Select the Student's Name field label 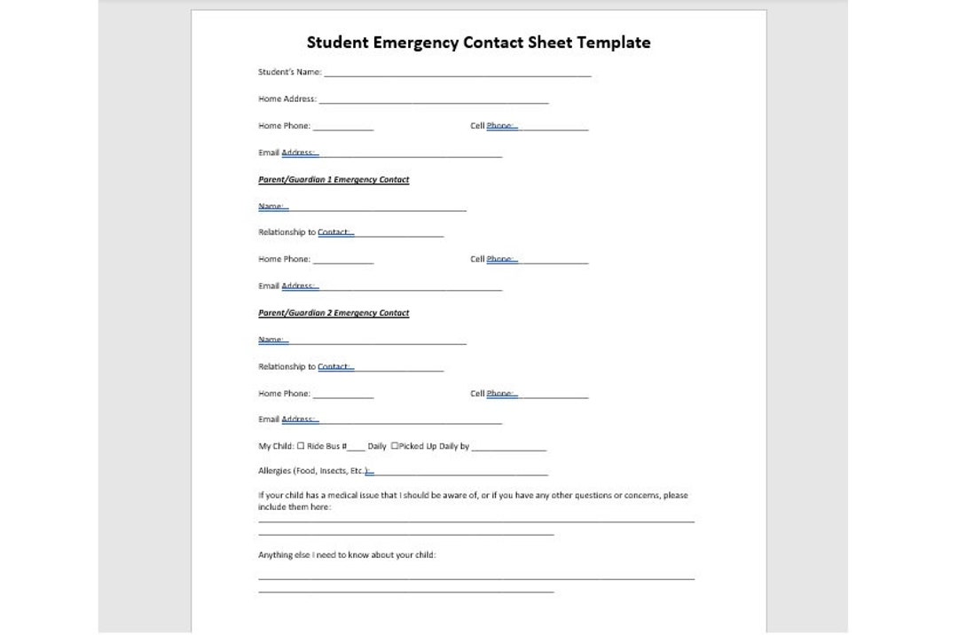(289, 73)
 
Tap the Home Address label (287, 99)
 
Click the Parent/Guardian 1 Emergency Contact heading (334, 180)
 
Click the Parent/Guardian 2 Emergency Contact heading (334, 313)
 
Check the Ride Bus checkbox (301, 446)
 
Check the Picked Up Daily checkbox (395, 446)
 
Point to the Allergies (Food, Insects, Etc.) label (312, 471)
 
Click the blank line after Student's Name (457, 75)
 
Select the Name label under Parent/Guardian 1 (271, 207)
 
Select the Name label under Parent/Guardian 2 (271, 340)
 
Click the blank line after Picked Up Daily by (508, 450)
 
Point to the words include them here (294, 507)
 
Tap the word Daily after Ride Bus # (377, 446)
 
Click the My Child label (275, 446)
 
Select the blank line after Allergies (460, 474)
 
